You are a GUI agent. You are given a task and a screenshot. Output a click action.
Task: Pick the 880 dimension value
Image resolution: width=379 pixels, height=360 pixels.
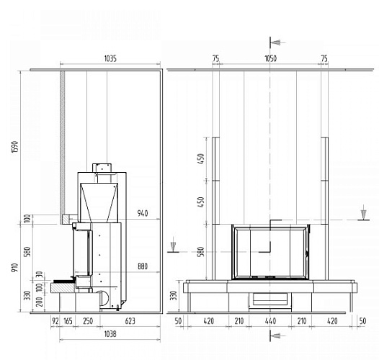(x=142, y=266)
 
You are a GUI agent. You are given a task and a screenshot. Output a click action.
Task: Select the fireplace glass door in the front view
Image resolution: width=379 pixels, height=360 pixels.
(x=270, y=252)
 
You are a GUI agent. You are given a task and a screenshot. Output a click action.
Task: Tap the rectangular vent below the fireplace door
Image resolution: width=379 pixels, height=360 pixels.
(x=270, y=297)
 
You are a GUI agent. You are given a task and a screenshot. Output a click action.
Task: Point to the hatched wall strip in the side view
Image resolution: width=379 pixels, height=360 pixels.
(x=63, y=144)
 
